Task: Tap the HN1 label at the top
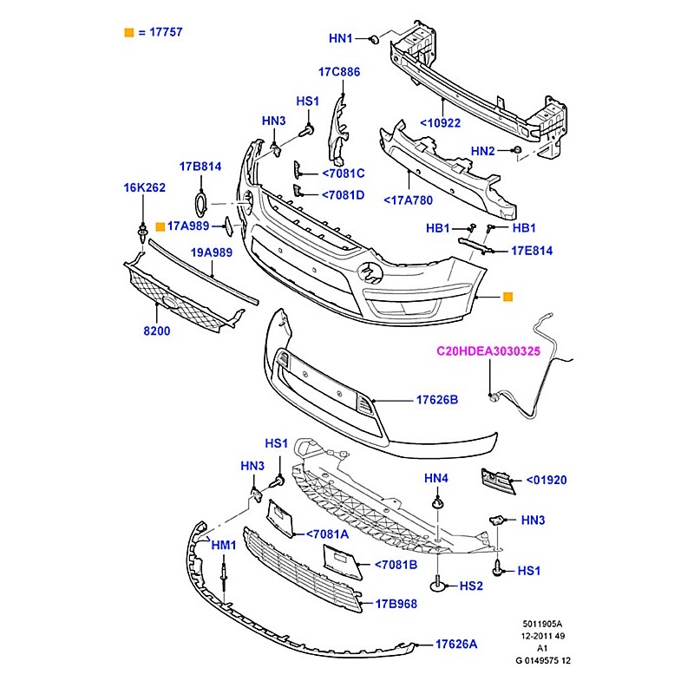point(341,39)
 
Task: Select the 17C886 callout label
point(338,72)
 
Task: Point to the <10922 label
point(441,123)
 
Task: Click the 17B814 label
point(201,166)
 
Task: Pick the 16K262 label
point(144,187)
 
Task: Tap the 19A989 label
point(213,252)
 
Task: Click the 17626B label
point(436,400)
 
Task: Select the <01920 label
point(550,480)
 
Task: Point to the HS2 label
point(471,586)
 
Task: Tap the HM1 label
point(224,545)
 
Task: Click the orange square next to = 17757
point(129,33)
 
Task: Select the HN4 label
point(436,478)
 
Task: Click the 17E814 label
point(532,252)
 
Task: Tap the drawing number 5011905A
point(541,623)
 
